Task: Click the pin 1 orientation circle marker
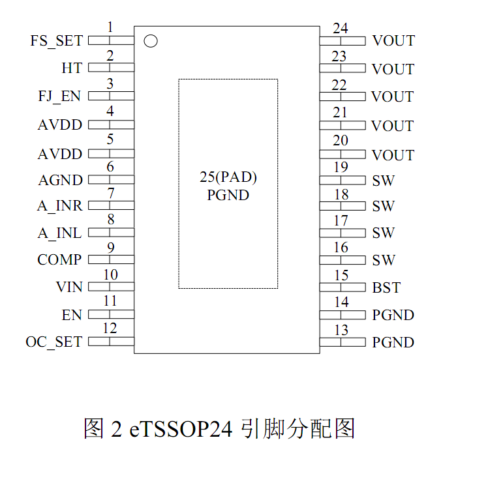tap(151, 41)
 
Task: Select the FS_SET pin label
tap(57, 40)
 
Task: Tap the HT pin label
tap(72, 68)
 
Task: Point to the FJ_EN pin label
tap(59, 96)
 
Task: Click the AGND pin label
tap(60, 181)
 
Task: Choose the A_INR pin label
tap(59, 206)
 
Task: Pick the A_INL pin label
tap(59, 233)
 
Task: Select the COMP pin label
tap(59, 260)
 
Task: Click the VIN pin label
tap(69, 287)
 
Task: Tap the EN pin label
tap(72, 315)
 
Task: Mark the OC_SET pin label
tap(54, 342)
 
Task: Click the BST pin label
tap(386, 287)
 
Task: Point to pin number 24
tap(340, 29)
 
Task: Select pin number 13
tap(341, 330)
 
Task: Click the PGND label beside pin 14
tap(393, 315)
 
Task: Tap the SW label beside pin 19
tap(383, 181)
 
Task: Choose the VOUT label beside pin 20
tap(393, 155)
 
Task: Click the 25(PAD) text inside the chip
tap(228, 177)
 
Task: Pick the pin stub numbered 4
tap(111, 124)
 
